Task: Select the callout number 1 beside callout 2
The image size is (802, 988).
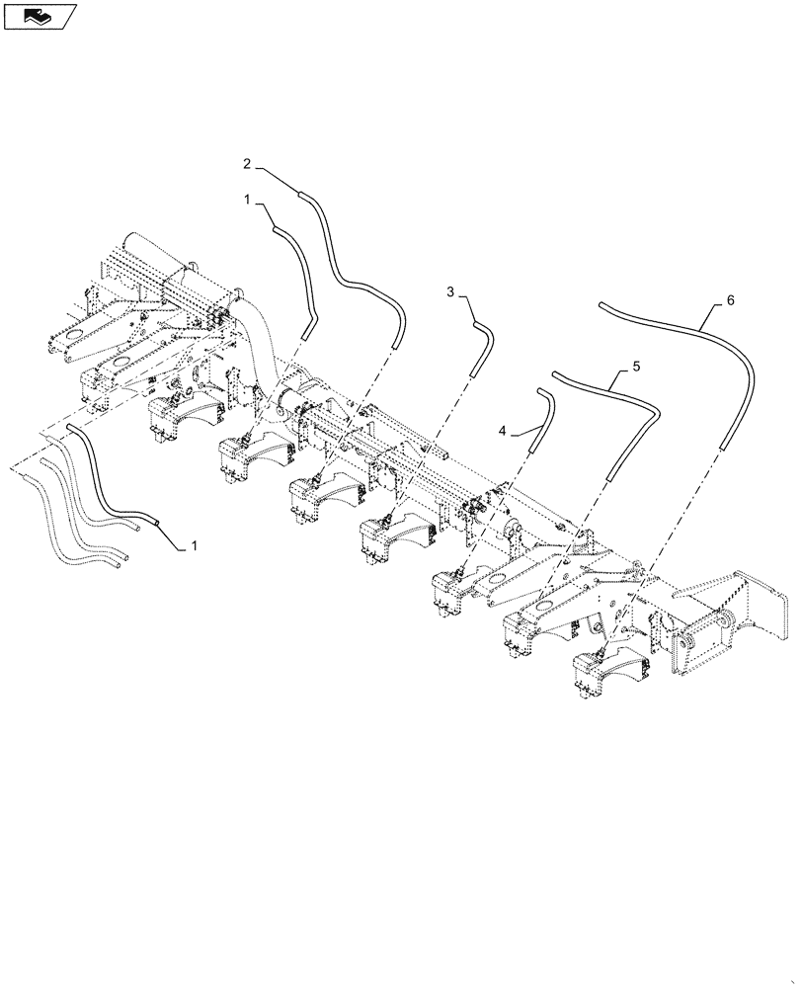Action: click(x=248, y=200)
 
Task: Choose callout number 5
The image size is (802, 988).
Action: click(x=636, y=366)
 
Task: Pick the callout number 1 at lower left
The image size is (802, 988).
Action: click(x=194, y=544)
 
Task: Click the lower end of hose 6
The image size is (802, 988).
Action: click(x=724, y=446)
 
